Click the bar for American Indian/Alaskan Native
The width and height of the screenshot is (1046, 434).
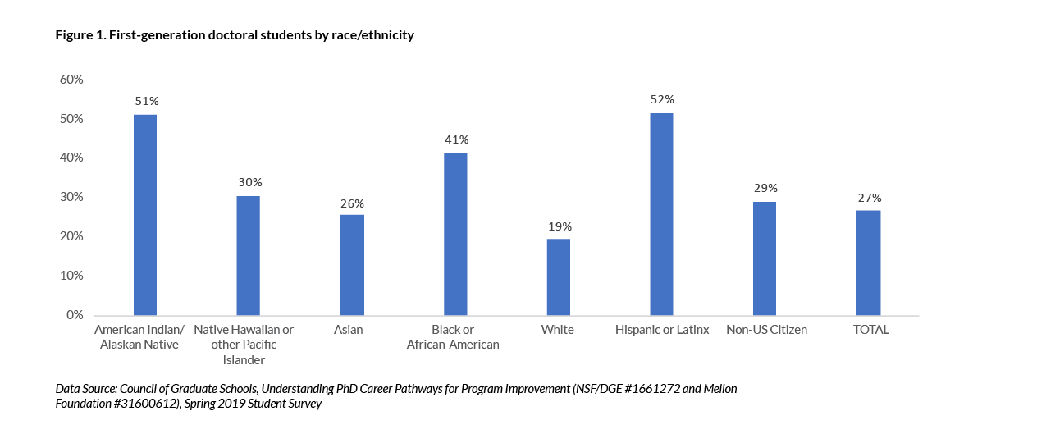tap(145, 215)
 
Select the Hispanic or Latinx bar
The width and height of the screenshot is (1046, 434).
tap(661, 214)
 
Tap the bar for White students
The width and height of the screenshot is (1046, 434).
tap(558, 277)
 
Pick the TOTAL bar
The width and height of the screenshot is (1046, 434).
tap(868, 263)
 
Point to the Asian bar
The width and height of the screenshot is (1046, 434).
tap(352, 265)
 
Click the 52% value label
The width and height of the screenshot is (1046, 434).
tap(661, 99)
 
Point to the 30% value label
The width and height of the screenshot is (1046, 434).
tap(249, 182)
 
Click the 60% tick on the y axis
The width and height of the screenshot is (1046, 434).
tap(71, 80)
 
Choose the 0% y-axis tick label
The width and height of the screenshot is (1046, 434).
tap(75, 315)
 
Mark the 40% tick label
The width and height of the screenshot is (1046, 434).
tap(71, 158)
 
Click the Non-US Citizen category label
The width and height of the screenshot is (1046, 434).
tap(766, 330)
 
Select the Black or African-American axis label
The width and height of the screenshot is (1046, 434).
tap(453, 337)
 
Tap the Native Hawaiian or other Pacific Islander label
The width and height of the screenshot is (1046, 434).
tap(244, 345)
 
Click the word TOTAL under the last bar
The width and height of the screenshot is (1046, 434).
tap(871, 330)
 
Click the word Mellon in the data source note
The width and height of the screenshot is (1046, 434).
tap(716, 389)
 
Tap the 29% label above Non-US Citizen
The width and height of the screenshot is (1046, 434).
tap(765, 188)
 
